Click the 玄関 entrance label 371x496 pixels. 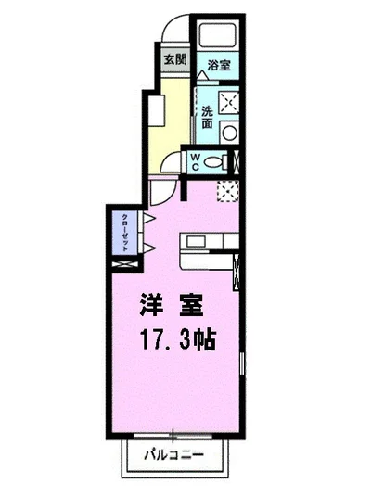coord(174,59)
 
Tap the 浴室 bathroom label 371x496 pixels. coord(219,66)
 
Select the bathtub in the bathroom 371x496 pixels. coord(217,36)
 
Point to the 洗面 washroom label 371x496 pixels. coord(208,118)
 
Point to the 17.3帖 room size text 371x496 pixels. coord(176,339)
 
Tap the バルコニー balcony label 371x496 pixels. coord(174,454)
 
